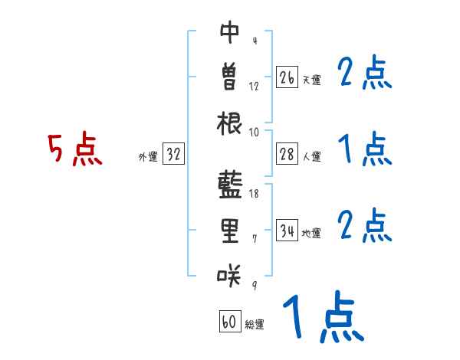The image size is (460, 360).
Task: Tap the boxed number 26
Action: tap(287, 77)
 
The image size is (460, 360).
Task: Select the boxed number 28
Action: tap(287, 155)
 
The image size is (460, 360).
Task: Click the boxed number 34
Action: tap(287, 231)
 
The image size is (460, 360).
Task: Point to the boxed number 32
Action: tap(174, 155)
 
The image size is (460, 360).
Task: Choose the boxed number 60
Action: tap(229, 322)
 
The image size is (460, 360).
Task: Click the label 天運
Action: tap(311, 80)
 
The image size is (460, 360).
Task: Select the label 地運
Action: tap(311, 234)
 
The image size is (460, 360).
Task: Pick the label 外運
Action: tap(148, 157)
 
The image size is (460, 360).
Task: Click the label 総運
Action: tap(255, 325)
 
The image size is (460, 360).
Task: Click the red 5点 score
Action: tap(74, 149)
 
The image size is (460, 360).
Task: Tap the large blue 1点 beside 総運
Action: tap(321, 317)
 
